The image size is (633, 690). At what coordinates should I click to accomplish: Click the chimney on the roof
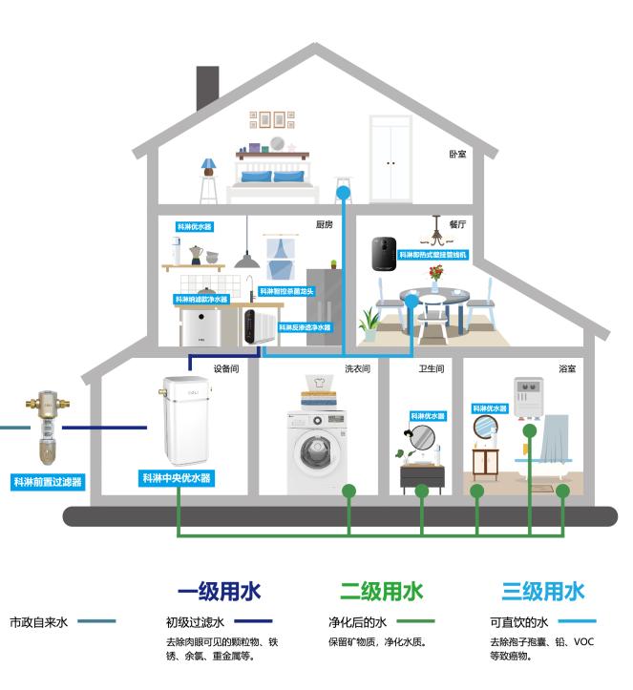[x=207, y=88]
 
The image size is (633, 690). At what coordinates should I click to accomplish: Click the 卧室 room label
[x=457, y=154]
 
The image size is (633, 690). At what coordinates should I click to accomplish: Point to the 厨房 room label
[x=325, y=225]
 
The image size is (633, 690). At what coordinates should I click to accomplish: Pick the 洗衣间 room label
[x=356, y=367]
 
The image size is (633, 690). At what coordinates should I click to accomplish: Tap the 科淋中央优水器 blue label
[x=176, y=477]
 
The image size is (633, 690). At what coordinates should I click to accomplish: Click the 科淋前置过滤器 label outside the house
[x=48, y=482]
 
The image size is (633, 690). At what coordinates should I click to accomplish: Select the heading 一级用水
[x=219, y=591]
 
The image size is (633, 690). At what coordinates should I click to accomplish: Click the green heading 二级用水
[x=381, y=591]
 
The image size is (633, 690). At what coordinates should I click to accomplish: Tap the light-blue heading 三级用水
[x=543, y=591]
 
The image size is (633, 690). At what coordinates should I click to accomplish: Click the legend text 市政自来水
[x=38, y=621]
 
